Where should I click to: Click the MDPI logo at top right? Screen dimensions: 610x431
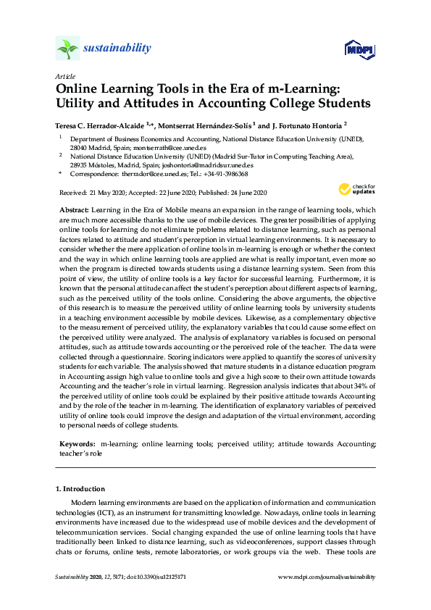click(x=360, y=49)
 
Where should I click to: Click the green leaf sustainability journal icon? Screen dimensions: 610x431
click(x=67, y=49)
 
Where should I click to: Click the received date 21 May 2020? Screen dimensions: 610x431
click(x=111, y=192)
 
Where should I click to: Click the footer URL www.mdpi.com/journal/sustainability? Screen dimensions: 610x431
click(x=327, y=577)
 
